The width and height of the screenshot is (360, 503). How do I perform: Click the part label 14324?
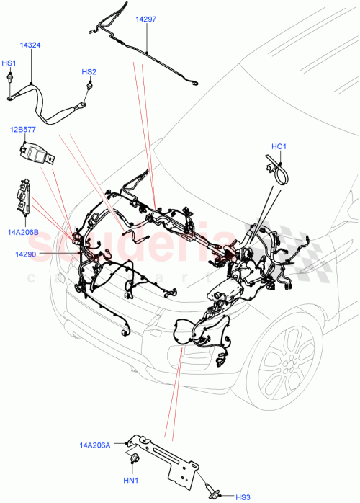(x=30, y=45)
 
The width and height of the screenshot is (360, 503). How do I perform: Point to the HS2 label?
(x=89, y=72)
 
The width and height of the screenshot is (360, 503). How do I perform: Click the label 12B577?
(x=23, y=130)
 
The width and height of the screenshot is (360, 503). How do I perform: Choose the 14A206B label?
(x=23, y=231)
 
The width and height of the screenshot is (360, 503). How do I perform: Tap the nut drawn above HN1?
(x=133, y=460)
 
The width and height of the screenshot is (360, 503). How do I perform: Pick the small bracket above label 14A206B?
(x=23, y=199)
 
